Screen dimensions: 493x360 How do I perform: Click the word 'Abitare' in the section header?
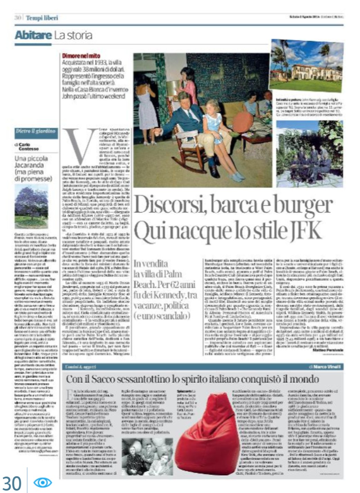pos(32,35)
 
